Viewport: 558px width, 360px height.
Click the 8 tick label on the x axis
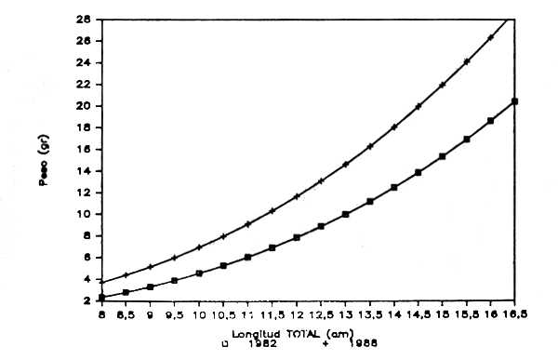point(101,316)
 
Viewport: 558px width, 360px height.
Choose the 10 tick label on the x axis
point(199,316)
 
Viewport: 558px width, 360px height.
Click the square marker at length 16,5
point(515,101)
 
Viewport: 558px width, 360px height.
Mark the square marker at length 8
point(101,298)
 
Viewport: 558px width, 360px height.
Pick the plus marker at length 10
point(199,247)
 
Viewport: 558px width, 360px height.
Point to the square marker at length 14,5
point(418,173)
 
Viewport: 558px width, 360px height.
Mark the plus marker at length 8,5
point(126,275)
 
